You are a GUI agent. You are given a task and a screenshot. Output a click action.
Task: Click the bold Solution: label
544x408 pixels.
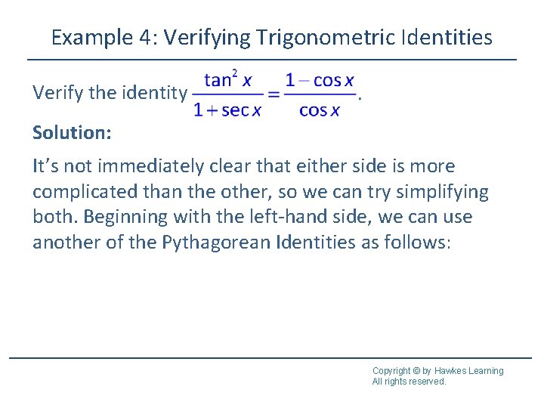point(72,133)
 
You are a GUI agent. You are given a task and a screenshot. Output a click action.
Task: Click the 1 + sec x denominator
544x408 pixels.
point(227,110)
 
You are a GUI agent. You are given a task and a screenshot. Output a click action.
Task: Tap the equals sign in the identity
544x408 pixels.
point(274,95)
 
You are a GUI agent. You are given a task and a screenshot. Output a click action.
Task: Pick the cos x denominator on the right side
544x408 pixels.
point(320,110)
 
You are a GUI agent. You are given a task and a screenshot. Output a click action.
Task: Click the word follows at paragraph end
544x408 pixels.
point(419,243)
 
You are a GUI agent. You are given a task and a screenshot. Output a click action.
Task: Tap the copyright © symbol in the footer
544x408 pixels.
point(416,371)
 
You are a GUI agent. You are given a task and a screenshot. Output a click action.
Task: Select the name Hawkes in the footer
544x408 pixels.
point(452,371)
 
